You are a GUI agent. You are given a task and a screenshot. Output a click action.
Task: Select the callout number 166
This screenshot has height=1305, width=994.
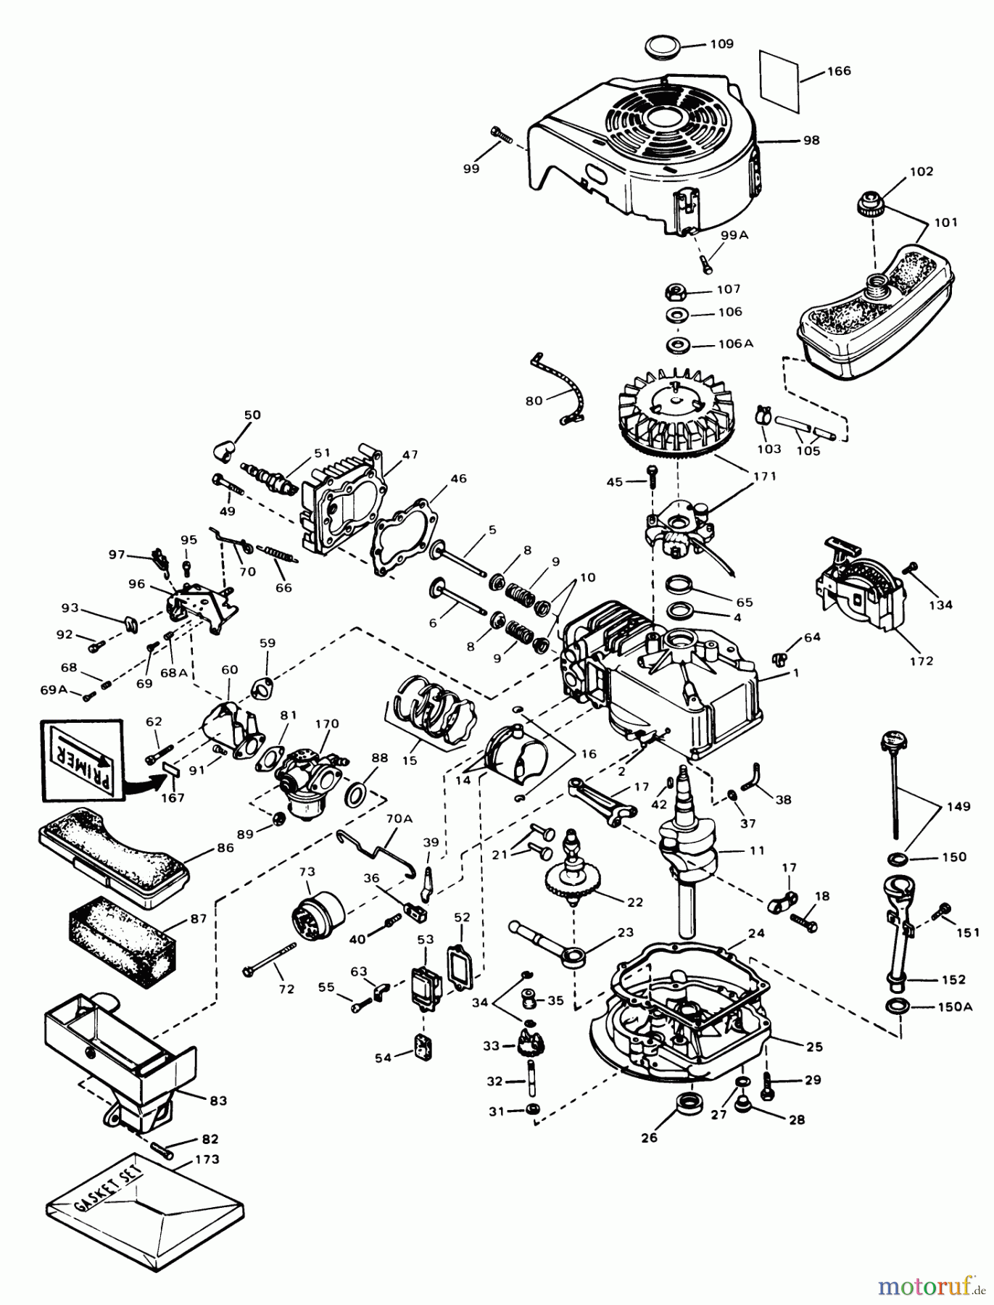pyautogui.click(x=838, y=71)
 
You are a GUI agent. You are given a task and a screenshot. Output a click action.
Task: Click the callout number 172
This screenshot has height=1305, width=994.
pyautogui.click(x=922, y=660)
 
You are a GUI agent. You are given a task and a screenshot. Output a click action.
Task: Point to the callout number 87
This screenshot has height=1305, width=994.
pyautogui.click(x=199, y=918)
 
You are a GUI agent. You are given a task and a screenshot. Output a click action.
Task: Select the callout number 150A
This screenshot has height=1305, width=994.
pyautogui.click(x=958, y=1007)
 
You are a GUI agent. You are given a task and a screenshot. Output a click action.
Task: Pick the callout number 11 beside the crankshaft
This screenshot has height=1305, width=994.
pyautogui.click(x=757, y=850)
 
